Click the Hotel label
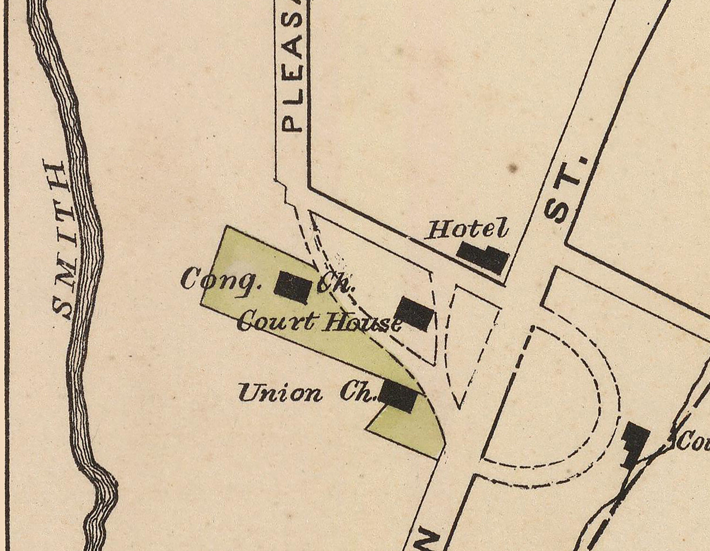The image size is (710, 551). [467, 230]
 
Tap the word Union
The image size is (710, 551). [280, 393]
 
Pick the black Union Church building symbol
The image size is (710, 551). [399, 397]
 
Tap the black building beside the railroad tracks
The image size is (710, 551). [636, 440]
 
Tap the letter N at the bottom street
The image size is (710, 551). [426, 537]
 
